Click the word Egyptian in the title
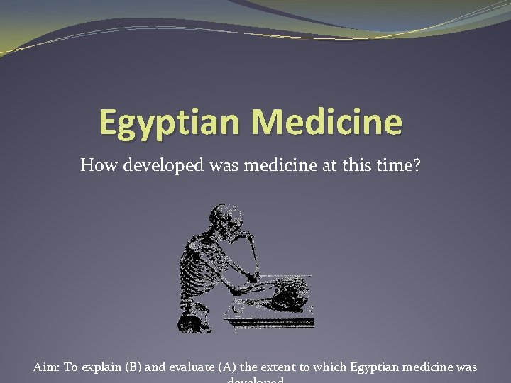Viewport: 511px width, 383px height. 170,122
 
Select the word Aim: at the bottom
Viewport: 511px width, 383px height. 47,367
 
